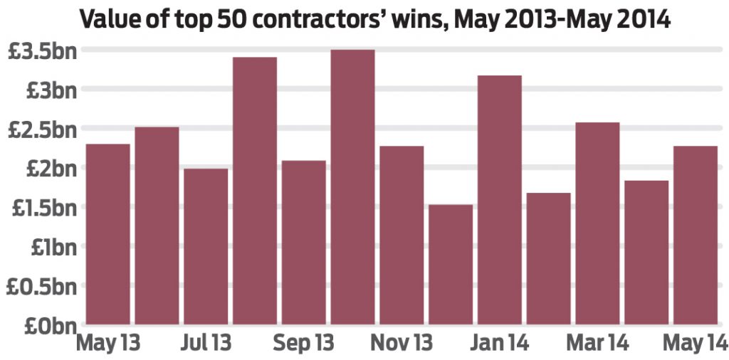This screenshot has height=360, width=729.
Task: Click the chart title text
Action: coord(375,18)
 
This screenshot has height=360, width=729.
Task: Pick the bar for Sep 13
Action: coord(304,242)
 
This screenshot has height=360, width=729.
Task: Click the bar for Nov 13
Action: coord(402,235)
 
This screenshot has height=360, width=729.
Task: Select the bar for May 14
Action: coord(695,235)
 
